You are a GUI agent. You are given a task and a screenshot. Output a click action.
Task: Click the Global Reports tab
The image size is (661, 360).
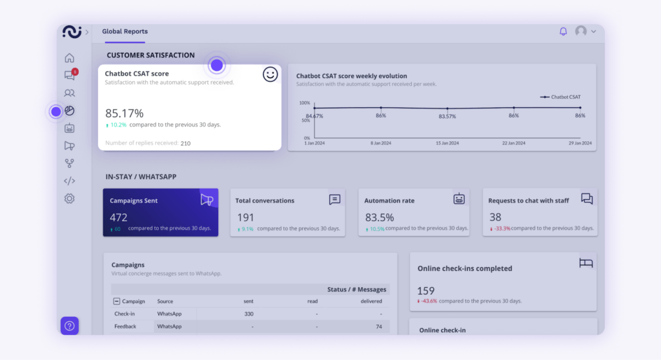(125, 31)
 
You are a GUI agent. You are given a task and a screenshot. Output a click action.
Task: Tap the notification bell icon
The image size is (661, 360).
(563, 31)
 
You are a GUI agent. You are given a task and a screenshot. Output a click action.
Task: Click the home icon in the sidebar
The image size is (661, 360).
(70, 58)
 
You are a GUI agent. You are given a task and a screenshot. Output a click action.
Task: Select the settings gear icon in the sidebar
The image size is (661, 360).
(70, 199)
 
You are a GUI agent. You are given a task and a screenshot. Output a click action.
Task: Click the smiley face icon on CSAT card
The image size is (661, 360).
(270, 75)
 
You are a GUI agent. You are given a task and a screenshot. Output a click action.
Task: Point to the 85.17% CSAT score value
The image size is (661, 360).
(125, 113)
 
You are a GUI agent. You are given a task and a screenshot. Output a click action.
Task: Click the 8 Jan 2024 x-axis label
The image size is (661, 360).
(381, 143)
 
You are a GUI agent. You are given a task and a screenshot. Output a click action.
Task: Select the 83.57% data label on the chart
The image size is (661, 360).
(447, 116)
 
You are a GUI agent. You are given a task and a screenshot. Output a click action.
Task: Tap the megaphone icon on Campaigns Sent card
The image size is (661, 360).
(207, 200)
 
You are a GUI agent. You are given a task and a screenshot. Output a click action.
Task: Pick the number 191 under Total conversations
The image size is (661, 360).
(245, 217)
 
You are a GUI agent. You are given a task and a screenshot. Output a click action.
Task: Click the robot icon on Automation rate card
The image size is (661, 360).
(459, 199)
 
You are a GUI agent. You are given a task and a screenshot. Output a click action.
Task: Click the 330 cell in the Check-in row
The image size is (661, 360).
(249, 314)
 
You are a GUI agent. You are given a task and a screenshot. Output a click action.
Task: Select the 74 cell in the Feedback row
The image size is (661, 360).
(378, 326)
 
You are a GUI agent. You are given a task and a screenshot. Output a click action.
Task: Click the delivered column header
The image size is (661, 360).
(371, 301)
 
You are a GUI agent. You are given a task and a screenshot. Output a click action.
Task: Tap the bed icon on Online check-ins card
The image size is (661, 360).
(585, 263)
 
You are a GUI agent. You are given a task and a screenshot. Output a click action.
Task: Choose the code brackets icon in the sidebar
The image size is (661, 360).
(70, 181)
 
